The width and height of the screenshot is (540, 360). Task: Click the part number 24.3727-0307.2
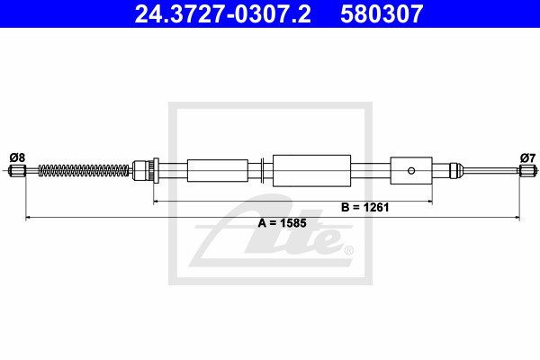pos(223,13)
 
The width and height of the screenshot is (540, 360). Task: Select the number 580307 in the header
pos(382,13)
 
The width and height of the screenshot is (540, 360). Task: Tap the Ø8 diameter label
pos(17,157)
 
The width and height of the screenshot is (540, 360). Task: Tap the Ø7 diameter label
pos(528,158)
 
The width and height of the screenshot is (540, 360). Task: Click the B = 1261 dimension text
pos(365,207)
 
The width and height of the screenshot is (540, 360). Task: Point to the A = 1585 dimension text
pos(282,223)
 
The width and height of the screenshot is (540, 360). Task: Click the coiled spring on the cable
pos(84,170)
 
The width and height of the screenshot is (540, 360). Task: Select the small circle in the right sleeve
pos(411,170)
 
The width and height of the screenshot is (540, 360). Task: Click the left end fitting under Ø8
pos(17,170)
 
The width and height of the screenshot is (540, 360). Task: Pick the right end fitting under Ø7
pos(527,170)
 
